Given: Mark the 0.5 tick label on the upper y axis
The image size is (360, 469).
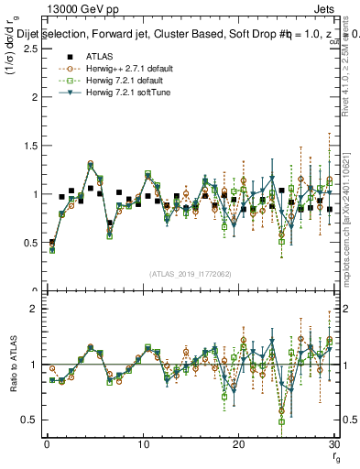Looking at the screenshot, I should coord(32,243).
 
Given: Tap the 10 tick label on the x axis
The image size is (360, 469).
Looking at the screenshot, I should coord(143,444).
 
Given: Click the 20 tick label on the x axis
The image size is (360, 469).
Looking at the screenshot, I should coord(239,444).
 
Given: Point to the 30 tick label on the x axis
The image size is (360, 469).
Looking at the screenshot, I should coord(333,444).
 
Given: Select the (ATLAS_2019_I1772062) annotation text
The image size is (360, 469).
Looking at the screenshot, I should coord(191,274).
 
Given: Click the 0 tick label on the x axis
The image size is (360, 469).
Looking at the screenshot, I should coord(47,444).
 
